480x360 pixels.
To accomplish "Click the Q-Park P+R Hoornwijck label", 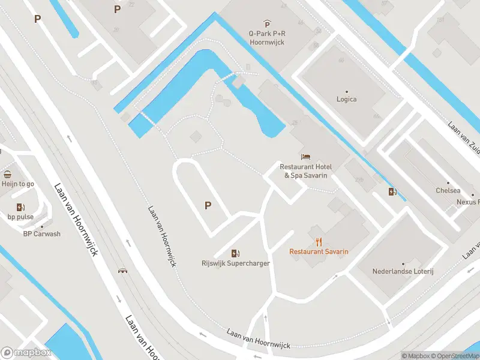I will point(267,38).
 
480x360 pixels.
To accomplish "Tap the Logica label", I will point(347,99).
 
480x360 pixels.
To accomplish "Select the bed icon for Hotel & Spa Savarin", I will point(306,157).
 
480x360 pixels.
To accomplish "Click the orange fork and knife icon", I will point(318,242).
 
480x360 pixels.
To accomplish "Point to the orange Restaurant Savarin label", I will point(319,252).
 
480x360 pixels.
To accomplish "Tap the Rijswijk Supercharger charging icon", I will point(236,253).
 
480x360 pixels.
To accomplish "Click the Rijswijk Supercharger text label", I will point(236,263).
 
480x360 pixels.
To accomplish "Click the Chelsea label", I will point(448,191).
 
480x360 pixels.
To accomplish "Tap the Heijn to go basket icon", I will point(7,175).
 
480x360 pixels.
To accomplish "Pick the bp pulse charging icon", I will point(20,207).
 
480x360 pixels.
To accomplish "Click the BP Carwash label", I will point(42,234).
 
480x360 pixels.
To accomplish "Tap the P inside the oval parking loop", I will point(208,205).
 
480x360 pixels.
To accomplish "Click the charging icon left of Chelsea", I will point(392,192).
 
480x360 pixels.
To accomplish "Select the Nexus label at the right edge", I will point(469,202).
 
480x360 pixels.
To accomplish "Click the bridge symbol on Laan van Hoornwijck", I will point(123,271).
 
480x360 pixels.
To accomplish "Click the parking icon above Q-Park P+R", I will point(267,25).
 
